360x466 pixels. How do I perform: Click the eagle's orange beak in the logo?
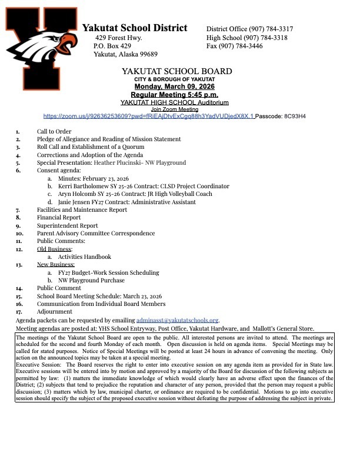pyautogui.click(x=69, y=42)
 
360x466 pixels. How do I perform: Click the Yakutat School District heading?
pyautogui.click(x=135, y=28)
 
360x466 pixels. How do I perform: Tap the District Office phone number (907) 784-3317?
pyautogui.click(x=270, y=29)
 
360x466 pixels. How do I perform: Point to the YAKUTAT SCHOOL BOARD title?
pyautogui.click(x=176, y=71)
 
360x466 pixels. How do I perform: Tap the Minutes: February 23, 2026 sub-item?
pyautogui.click(x=94, y=178)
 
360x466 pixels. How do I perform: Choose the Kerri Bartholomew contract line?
pyautogui.click(x=144, y=186)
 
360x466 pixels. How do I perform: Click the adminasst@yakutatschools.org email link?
pyautogui.click(x=181, y=319)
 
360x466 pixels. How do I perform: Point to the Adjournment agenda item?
pyautogui.click(x=55, y=311)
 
